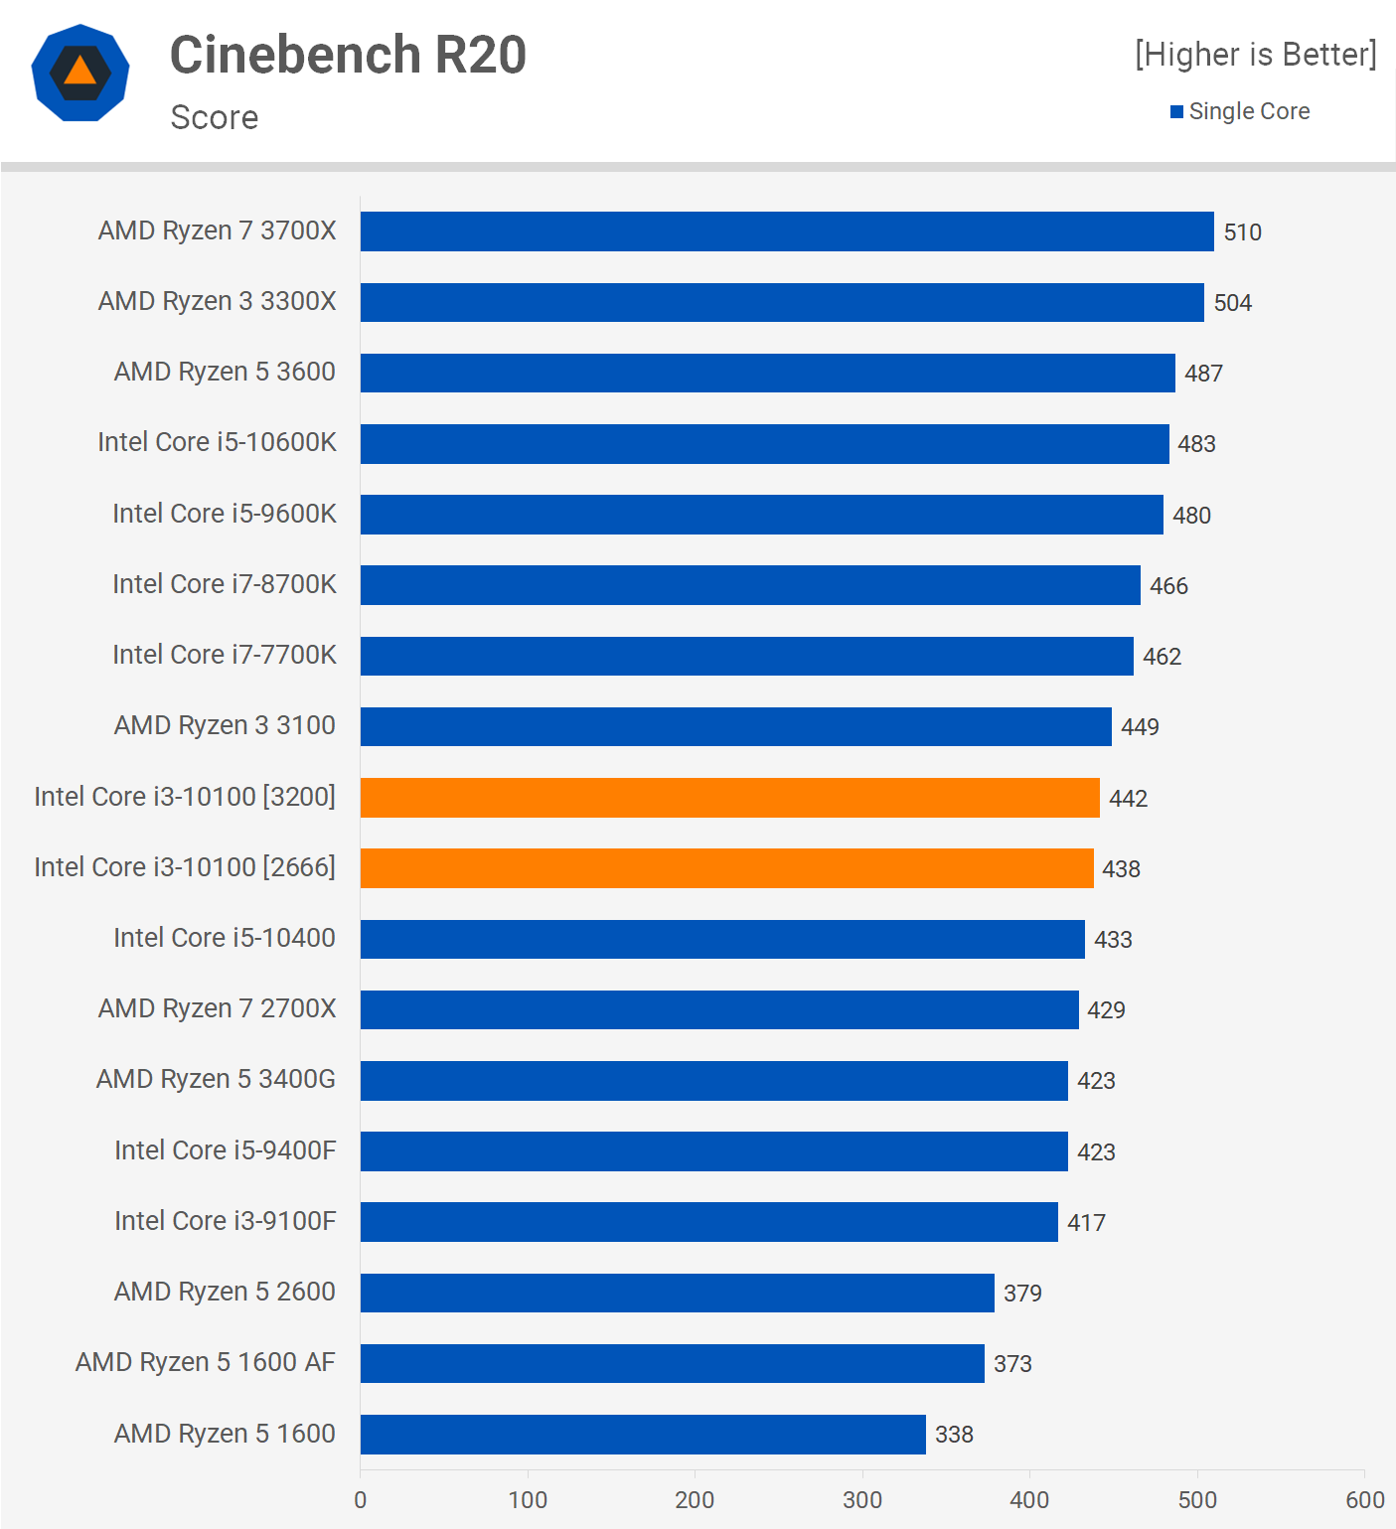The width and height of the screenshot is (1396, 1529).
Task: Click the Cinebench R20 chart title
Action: pos(348,55)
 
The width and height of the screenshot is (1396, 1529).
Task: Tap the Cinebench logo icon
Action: pos(80,73)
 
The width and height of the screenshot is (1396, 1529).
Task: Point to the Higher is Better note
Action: pos(1256,55)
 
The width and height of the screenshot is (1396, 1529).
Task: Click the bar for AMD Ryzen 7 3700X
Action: pos(787,231)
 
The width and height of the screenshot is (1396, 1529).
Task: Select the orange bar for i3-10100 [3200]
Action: pos(730,798)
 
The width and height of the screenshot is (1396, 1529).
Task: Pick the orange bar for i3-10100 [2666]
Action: pos(727,868)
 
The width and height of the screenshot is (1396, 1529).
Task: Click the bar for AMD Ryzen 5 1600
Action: pos(643,1434)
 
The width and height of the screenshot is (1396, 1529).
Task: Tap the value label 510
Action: pos(1242,232)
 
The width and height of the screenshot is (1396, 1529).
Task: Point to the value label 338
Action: pos(954,1435)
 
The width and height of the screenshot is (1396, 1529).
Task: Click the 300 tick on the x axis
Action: pos(862,1499)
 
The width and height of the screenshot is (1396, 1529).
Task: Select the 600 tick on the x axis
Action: pos(1364,1499)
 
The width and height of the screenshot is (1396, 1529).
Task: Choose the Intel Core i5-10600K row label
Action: pos(217,442)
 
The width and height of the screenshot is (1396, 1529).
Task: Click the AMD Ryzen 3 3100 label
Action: pos(225,725)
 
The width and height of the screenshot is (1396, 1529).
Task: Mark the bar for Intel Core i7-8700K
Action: pos(750,585)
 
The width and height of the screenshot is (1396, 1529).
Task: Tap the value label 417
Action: pos(1086,1223)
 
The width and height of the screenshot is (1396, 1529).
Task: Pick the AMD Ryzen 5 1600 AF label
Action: pos(205,1362)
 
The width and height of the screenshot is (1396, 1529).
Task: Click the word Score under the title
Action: pos(215,117)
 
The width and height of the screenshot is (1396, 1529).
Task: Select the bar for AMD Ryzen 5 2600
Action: pos(678,1293)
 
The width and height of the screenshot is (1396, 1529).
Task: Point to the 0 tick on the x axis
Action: pos(360,1499)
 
